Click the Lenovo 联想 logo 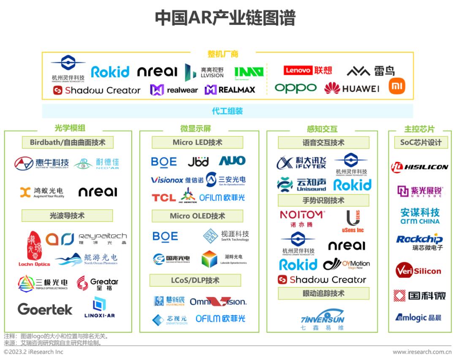pyautogui.click(x=307, y=70)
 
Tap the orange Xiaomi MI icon pyautogui.click(x=396, y=86)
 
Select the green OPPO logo pyautogui.click(x=296, y=88)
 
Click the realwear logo pyautogui.click(x=174, y=90)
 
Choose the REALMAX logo pyautogui.click(x=230, y=90)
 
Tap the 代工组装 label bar pyautogui.click(x=227, y=111)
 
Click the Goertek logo pyautogui.click(x=45, y=309)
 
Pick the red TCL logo pyautogui.click(x=164, y=198)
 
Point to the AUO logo pyautogui.click(x=232, y=161)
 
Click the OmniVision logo pyautogui.click(x=218, y=301)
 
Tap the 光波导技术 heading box pyautogui.click(x=67, y=216)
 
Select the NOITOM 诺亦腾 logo pyautogui.click(x=303, y=218)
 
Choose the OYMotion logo pyautogui.click(x=346, y=265)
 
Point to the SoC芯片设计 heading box pyautogui.click(x=421, y=143)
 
